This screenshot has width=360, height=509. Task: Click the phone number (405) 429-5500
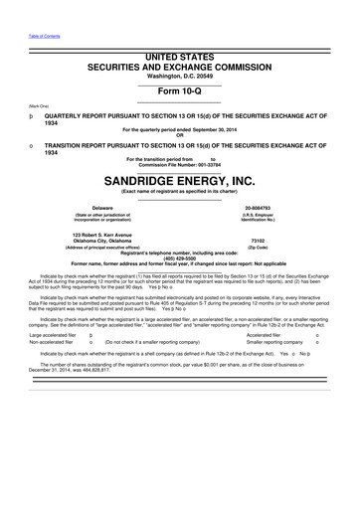[x=179, y=256]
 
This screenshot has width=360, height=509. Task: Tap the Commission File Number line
[x=179, y=163]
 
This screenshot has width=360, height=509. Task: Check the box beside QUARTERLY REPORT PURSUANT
[x=8, y=115]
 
